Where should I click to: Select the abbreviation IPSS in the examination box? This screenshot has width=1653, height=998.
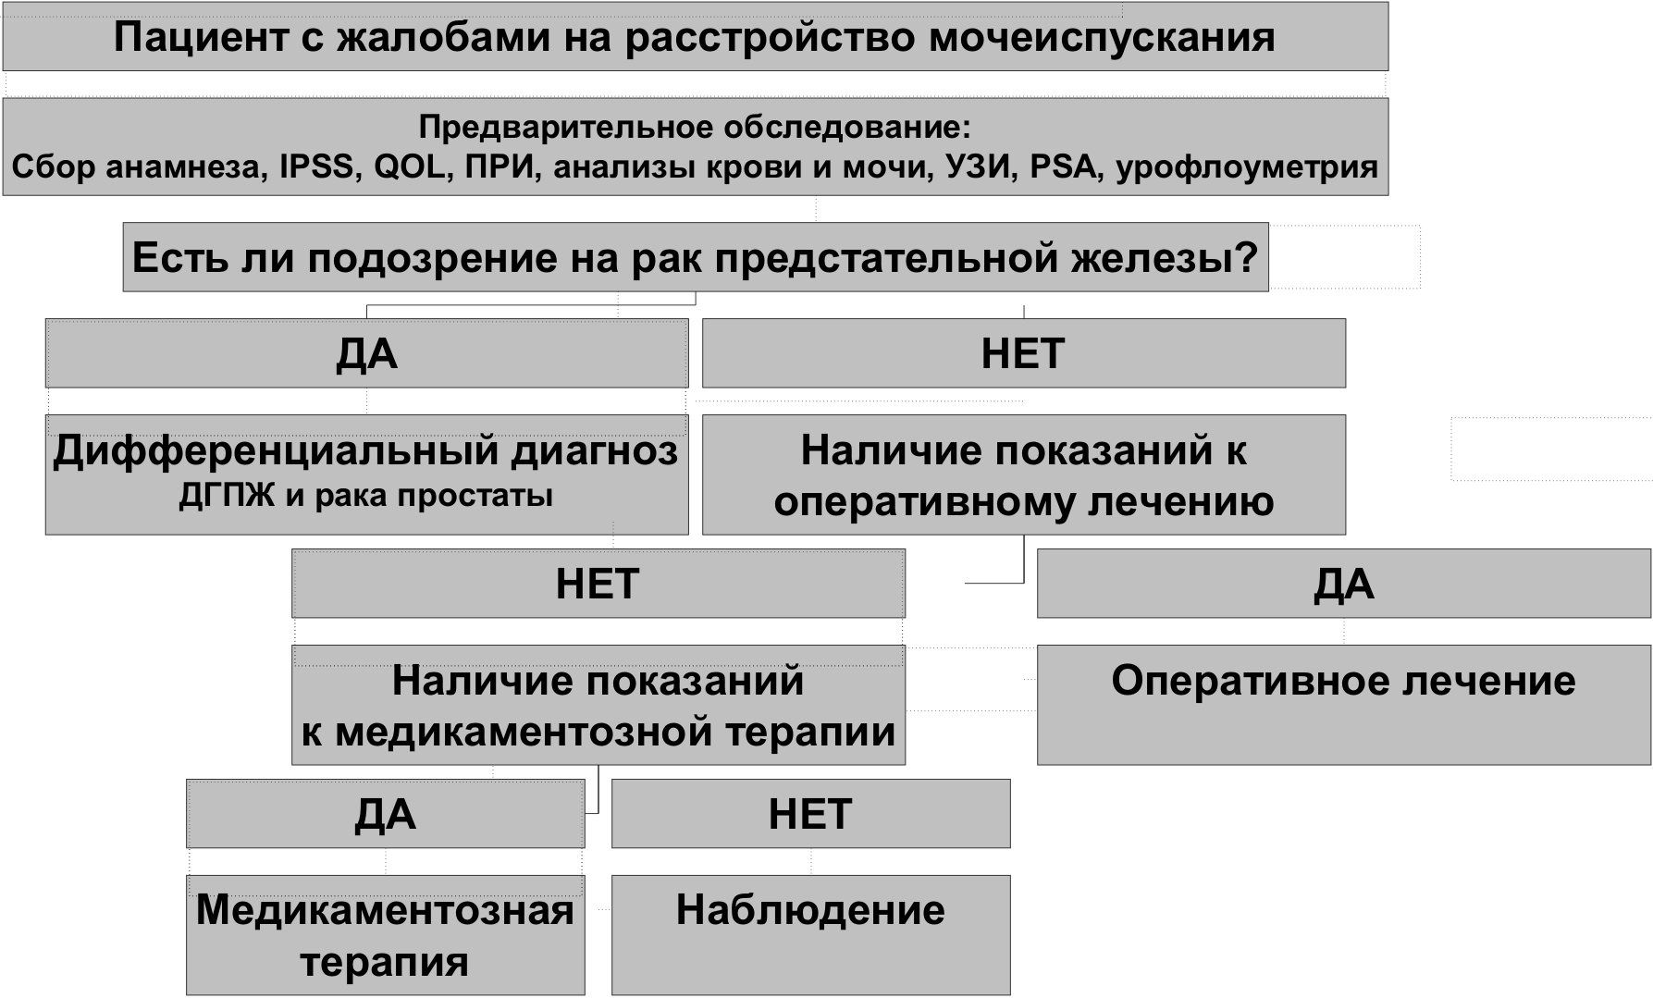[317, 167]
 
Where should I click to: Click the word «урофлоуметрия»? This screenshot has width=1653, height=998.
[1248, 168]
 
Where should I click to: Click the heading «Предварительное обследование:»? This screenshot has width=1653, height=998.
[695, 127]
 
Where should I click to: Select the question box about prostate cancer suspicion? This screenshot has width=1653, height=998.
[696, 257]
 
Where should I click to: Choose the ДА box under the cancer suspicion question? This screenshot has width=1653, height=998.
[367, 353]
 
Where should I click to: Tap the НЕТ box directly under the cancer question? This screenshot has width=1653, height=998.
[1024, 353]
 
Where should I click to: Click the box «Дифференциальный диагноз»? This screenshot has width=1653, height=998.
[367, 474]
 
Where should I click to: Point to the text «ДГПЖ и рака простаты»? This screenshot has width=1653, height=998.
[366, 497]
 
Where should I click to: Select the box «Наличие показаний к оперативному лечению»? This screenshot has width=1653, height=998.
[1024, 474]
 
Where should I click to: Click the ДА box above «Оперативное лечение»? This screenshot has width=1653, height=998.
[1344, 584]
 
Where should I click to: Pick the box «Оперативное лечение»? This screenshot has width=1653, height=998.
[1344, 705]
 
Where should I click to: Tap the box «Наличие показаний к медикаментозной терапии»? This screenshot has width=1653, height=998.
[598, 705]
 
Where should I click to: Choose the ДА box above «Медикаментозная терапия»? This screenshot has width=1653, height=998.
[386, 814]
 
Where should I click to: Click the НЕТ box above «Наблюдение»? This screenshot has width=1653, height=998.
[811, 814]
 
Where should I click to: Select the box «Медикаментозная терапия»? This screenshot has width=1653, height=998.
[386, 935]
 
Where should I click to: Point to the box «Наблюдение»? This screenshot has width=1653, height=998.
[811, 935]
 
